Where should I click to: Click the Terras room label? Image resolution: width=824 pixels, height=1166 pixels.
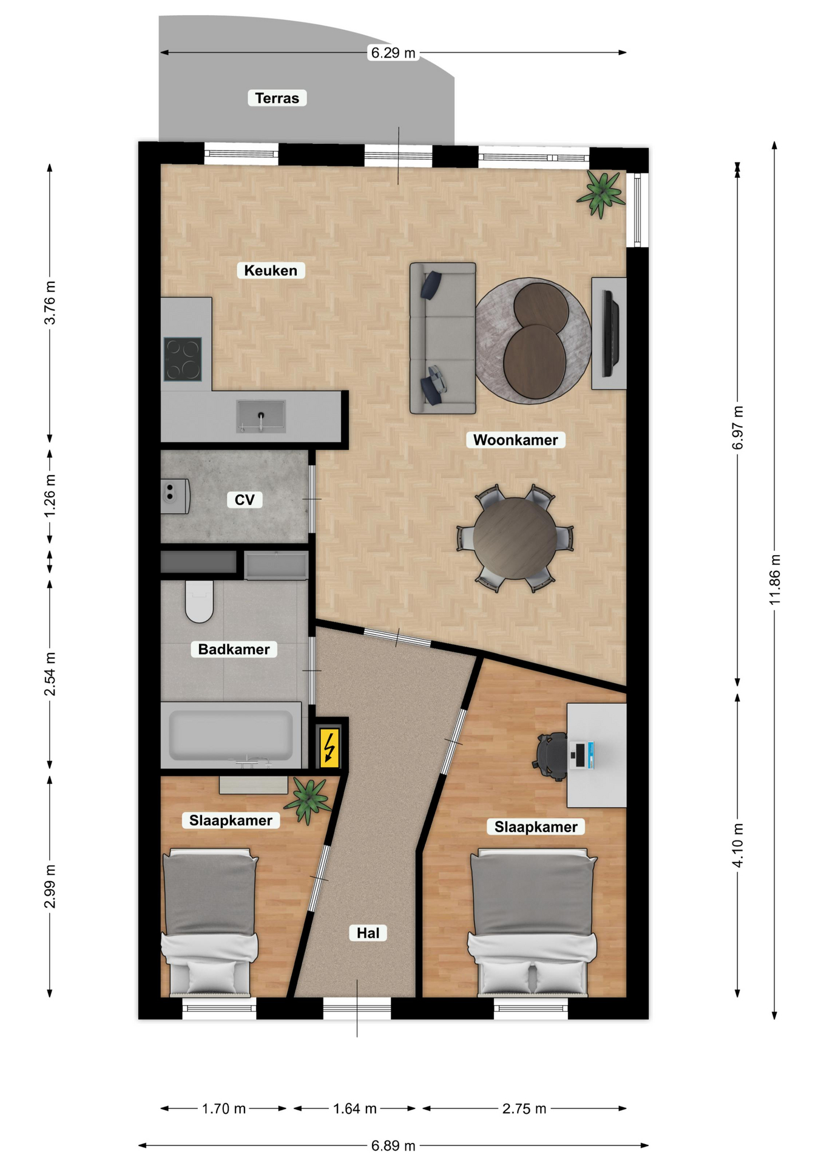(277, 98)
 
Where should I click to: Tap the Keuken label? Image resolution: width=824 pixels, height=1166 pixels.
(271, 270)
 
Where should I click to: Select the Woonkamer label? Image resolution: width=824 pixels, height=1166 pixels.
(516, 440)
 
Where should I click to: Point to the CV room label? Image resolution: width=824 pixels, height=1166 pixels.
(245, 499)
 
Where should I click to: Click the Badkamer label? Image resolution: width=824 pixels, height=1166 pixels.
(234, 649)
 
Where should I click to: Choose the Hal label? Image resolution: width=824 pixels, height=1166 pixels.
(368, 933)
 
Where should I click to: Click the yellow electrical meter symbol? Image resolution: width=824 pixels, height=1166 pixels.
(329, 747)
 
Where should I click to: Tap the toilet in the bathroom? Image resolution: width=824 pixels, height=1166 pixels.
(199, 601)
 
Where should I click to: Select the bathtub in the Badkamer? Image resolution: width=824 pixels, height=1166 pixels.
(231, 735)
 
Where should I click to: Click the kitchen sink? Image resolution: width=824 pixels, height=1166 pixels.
(261, 416)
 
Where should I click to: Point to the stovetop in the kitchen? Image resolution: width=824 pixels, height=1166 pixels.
(183, 359)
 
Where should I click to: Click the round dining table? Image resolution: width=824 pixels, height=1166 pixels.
(515, 538)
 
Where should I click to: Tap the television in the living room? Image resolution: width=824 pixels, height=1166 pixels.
(610, 334)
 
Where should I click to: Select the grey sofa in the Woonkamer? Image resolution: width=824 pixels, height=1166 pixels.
(442, 338)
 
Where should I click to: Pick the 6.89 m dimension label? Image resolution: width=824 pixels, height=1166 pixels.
(394, 1145)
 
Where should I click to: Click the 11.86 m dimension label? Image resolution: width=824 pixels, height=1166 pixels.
(775, 579)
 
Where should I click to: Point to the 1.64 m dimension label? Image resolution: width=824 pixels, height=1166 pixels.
(355, 1108)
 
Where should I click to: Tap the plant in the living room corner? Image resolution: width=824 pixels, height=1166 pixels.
(601, 193)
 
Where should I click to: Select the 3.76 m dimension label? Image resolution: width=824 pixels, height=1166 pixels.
(50, 302)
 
